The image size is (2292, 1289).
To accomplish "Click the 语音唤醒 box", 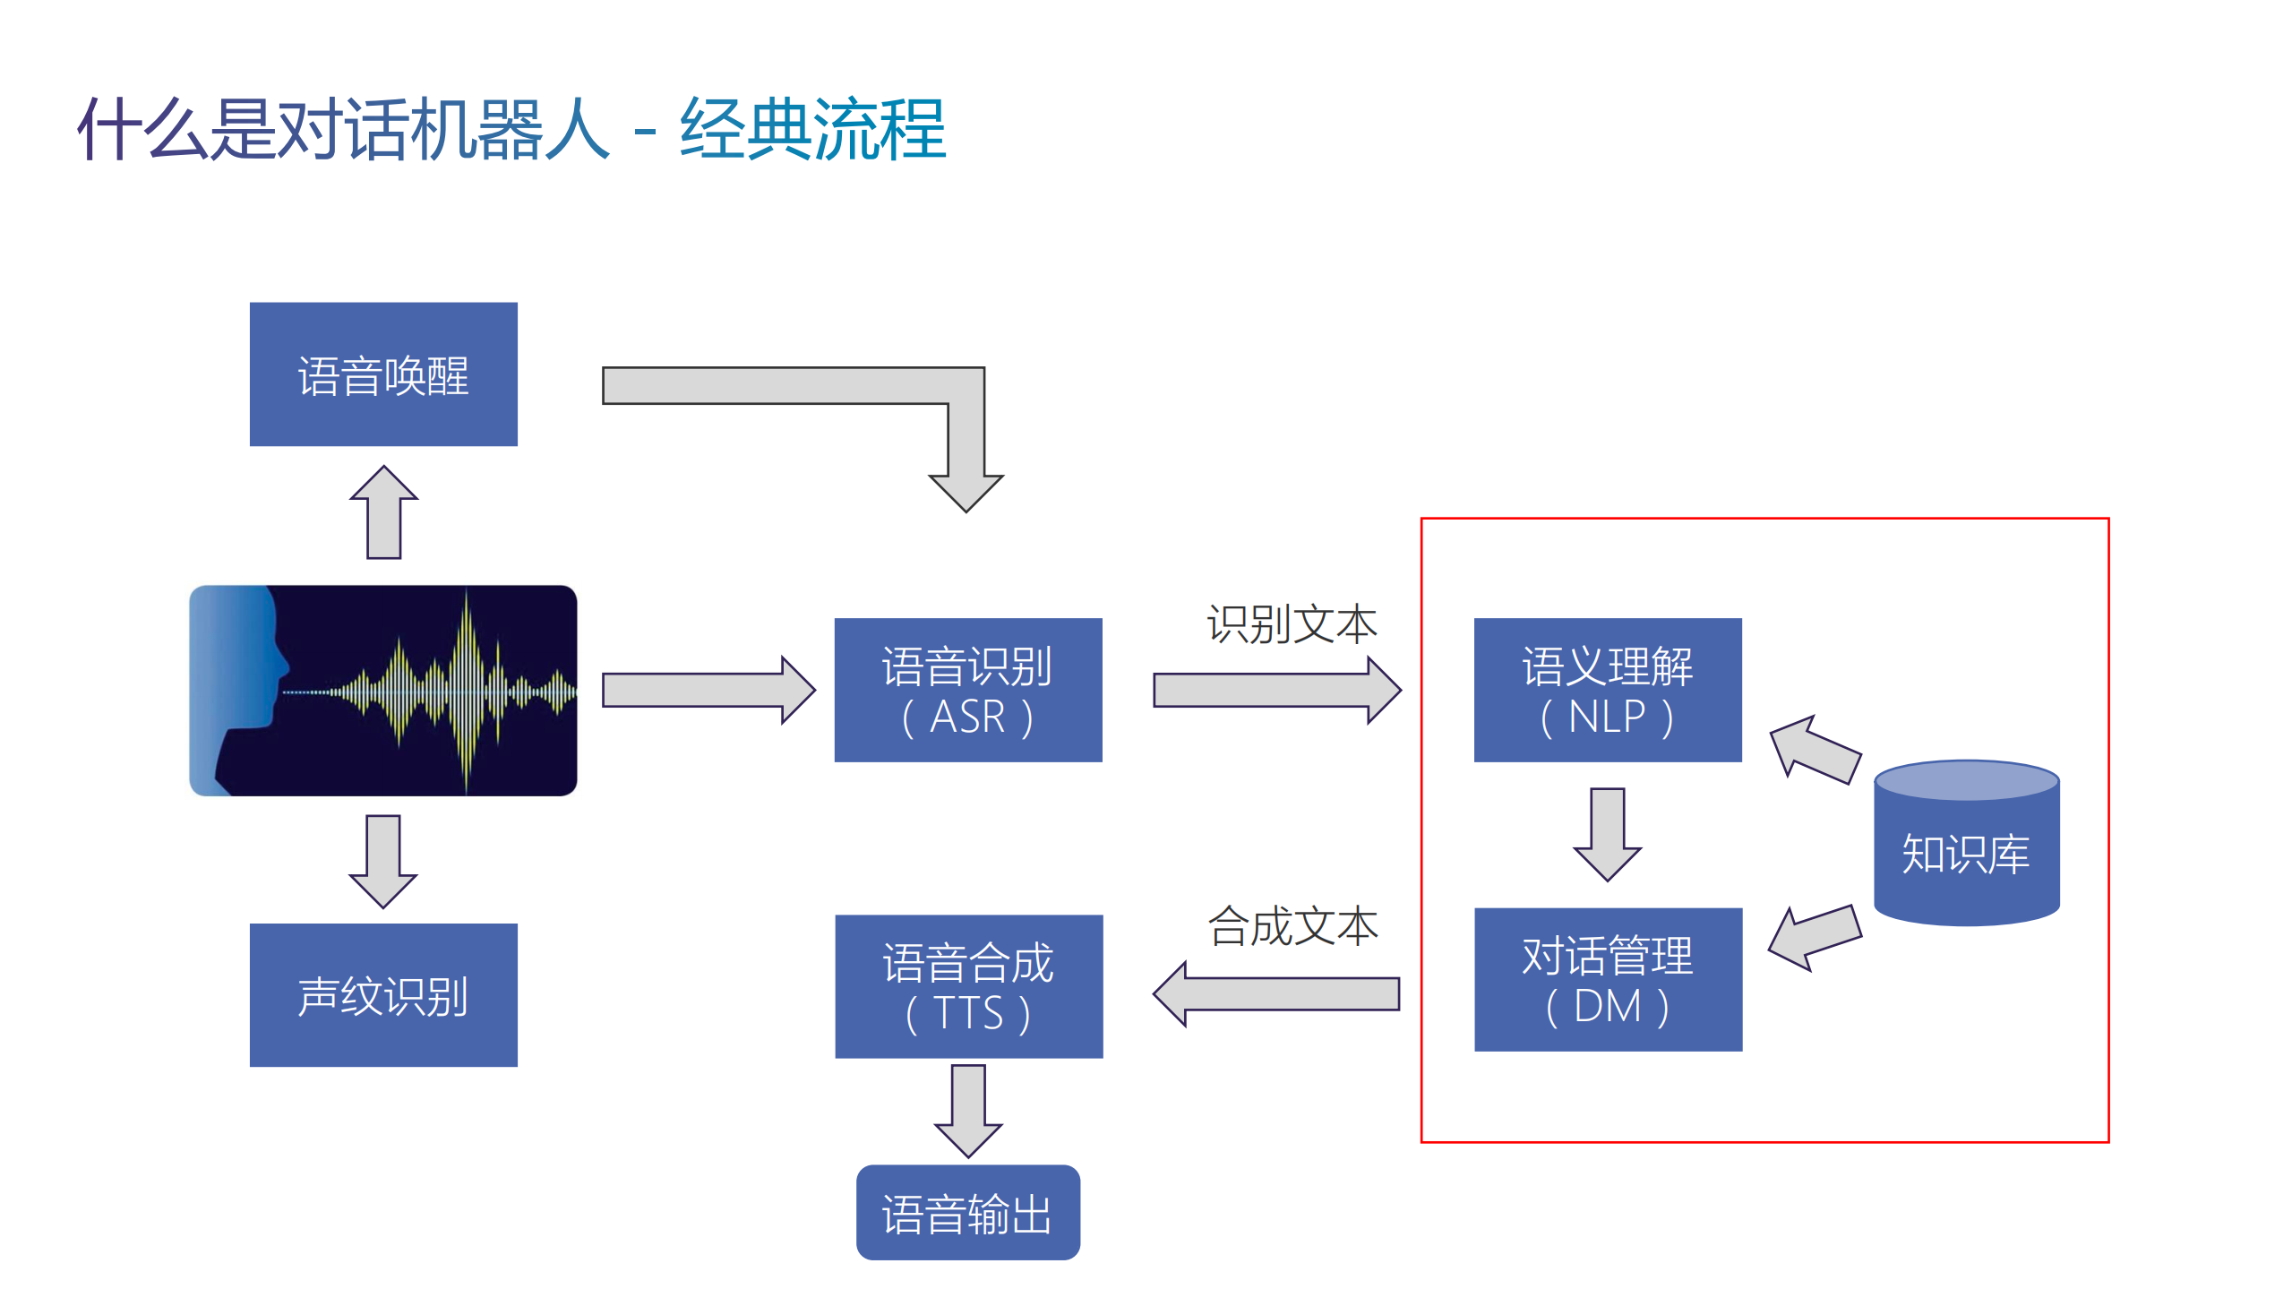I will click(383, 374).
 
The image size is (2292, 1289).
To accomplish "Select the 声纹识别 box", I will click(383, 995).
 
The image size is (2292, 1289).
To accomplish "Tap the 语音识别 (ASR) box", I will click(967, 690).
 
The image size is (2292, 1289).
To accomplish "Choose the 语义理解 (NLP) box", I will click(1607, 690).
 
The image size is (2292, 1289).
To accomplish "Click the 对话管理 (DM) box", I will click(1607, 979).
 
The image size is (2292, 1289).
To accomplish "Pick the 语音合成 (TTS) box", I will click(968, 986).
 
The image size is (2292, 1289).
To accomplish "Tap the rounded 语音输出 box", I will click(967, 1213).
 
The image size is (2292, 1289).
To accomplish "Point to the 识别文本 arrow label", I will click(1292, 623).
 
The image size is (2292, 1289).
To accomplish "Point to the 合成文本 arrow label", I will click(1292, 925).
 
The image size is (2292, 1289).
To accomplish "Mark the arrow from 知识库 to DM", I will click(1815, 937).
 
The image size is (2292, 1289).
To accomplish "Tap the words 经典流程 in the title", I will click(812, 130).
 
